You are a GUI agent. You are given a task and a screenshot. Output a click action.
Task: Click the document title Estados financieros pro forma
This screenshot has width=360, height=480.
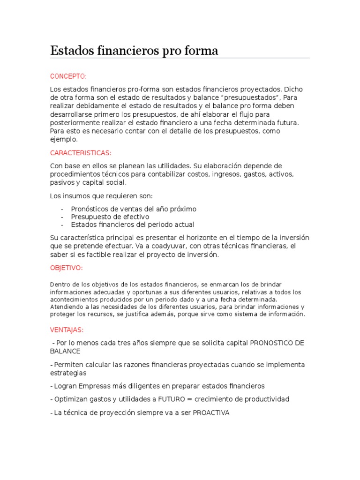click(x=134, y=51)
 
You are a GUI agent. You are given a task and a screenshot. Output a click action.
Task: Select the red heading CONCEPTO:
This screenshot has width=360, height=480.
click(x=68, y=76)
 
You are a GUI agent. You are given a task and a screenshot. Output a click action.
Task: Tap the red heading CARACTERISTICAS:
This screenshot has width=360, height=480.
click(x=81, y=153)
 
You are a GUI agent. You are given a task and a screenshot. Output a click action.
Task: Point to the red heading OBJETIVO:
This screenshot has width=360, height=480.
click(x=67, y=268)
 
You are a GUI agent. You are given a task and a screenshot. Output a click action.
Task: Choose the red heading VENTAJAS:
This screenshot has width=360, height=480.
click(x=67, y=330)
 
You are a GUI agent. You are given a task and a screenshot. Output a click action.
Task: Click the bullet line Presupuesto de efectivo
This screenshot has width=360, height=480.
click(x=110, y=217)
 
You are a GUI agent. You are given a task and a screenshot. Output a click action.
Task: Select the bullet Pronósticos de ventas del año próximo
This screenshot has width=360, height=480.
click(x=134, y=209)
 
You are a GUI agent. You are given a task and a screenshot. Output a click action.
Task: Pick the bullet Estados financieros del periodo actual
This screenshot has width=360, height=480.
click(x=132, y=225)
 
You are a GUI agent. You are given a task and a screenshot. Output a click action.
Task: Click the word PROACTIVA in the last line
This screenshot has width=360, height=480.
click(x=211, y=412)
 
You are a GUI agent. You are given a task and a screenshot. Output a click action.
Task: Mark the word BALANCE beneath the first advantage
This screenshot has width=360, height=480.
click(x=65, y=351)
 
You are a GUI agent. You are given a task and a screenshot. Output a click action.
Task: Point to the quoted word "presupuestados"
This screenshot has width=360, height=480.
click(x=238, y=97)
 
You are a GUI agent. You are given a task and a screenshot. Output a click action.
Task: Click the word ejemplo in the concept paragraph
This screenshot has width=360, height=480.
click(x=63, y=140)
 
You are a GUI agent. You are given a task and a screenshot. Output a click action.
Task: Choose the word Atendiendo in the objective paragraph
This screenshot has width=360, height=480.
click(x=66, y=307)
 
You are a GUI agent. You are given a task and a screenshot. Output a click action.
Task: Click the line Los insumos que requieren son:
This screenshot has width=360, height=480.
click(x=101, y=195)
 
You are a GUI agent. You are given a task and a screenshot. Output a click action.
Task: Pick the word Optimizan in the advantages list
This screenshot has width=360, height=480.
click(x=69, y=399)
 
